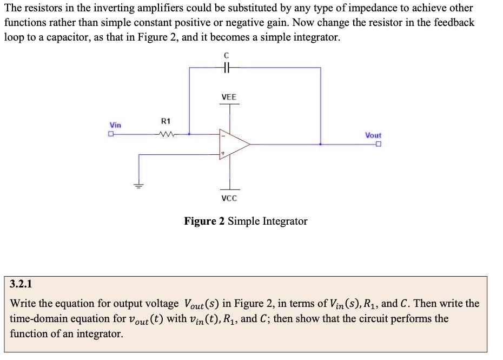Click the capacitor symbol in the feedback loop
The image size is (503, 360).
[x=227, y=68]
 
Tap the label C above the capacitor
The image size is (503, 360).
[x=227, y=55]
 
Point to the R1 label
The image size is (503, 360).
[x=166, y=121]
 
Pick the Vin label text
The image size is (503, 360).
[x=116, y=125]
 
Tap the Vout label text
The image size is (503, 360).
[x=373, y=135]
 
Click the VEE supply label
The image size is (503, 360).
[x=229, y=97]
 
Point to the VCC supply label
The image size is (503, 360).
[x=229, y=198]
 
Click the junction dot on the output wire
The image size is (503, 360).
[x=321, y=145]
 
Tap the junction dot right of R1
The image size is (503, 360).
[x=189, y=134]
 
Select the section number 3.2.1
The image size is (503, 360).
[x=22, y=284]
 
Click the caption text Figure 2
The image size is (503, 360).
[x=204, y=221]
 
